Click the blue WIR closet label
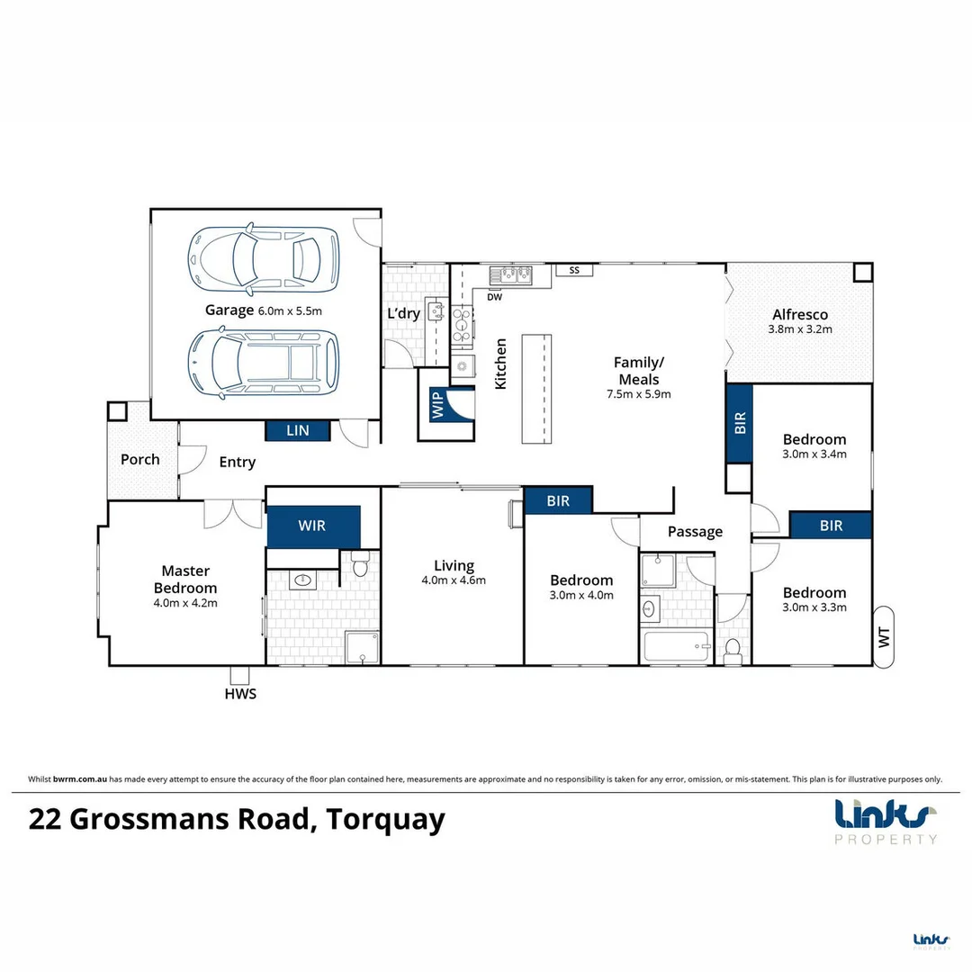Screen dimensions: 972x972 [x=313, y=526]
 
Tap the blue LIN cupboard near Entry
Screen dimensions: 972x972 [x=298, y=431]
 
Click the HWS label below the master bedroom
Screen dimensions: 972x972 [x=240, y=694]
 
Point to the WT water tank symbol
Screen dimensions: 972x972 [x=884, y=635]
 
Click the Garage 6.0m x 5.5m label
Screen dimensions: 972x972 [x=263, y=310]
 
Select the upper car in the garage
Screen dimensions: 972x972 [x=263, y=259]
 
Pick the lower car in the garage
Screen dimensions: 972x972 [x=263, y=362]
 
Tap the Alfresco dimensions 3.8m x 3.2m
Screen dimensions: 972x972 [x=799, y=329]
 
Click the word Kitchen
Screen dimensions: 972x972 [x=501, y=364]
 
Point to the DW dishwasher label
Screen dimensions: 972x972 [x=494, y=296]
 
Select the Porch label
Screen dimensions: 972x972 [x=140, y=459]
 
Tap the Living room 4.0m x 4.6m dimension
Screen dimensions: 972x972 [x=454, y=580]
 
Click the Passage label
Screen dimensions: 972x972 [x=695, y=532]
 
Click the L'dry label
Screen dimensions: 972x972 [x=404, y=314]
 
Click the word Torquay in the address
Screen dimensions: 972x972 [x=386, y=821]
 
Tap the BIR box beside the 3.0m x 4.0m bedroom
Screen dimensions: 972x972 [x=558, y=500]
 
